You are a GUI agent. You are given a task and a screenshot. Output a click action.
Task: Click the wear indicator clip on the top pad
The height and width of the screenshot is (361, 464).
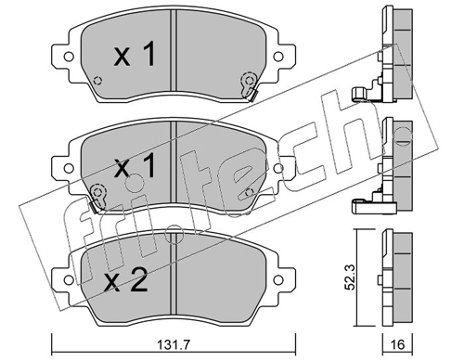247,84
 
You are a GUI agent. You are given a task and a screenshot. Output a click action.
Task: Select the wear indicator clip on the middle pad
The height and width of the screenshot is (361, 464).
98,194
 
